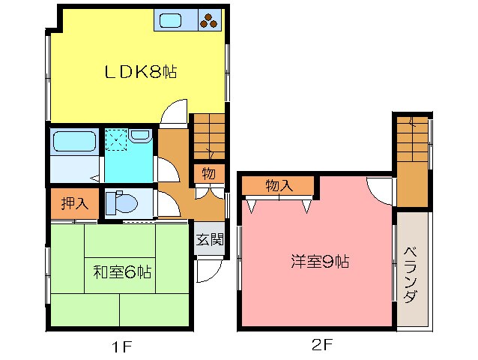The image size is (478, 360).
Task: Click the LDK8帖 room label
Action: [x=139, y=73]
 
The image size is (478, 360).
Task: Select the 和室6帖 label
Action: [x=122, y=271]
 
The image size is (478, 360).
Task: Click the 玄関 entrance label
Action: [x=209, y=240]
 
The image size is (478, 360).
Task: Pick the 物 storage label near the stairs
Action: [x=208, y=175]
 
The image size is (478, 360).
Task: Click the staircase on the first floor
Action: [x=209, y=136]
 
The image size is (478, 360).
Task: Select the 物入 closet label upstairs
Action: [x=278, y=186]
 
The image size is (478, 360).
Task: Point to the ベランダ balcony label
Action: [x=411, y=274]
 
